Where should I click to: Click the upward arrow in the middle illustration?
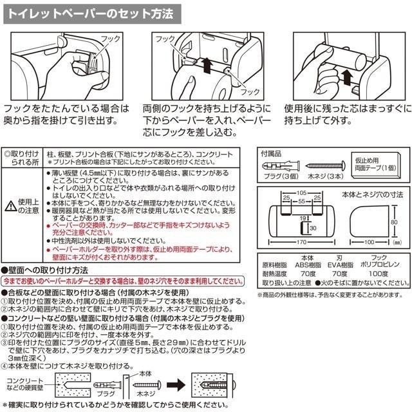206,64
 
